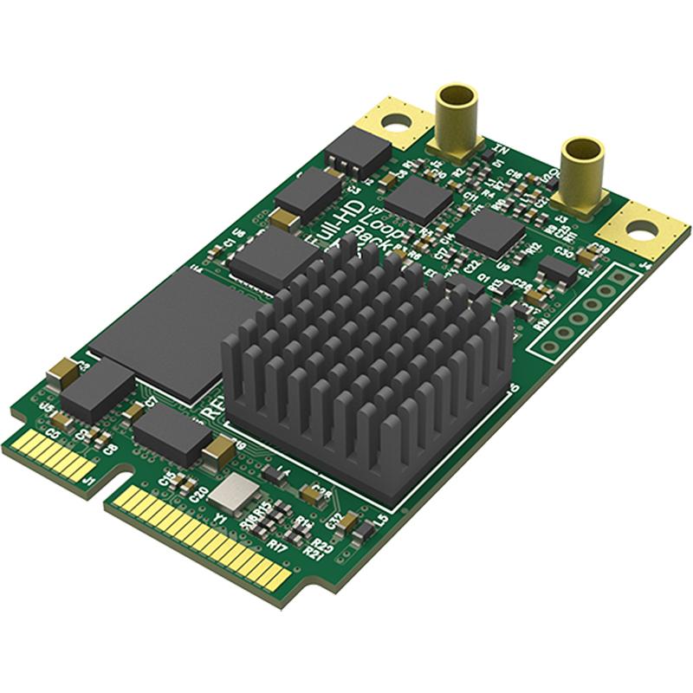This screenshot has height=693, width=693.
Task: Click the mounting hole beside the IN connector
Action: (394, 121)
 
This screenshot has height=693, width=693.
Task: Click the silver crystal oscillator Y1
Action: (231, 495)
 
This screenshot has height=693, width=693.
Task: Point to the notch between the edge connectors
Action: (111, 479)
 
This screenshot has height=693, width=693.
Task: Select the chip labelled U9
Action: (490, 231)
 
